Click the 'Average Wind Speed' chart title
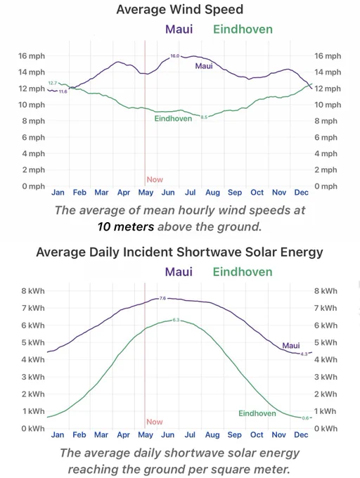pyautogui.click(x=180, y=9)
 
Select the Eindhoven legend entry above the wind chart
pyautogui.click(x=243, y=30)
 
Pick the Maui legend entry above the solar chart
pyautogui.click(x=179, y=271)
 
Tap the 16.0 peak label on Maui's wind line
pyautogui.click(x=175, y=56)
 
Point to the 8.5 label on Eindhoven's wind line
pyautogui.click(x=204, y=117)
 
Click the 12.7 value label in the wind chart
pyautogui.click(x=53, y=83)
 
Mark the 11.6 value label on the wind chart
pyautogui.click(x=63, y=91)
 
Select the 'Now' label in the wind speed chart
pyautogui.click(x=155, y=179)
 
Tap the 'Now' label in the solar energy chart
pyautogui.click(x=155, y=422)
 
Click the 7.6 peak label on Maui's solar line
pyautogui.click(x=163, y=298)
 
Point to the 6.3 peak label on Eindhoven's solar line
pyautogui.click(x=176, y=320)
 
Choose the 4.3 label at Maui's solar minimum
pyautogui.click(x=304, y=354)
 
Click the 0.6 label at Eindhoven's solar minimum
pyautogui.click(x=305, y=418)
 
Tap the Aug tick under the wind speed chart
pyautogui.click(x=212, y=193)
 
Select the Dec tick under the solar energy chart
pyautogui.click(x=301, y=434)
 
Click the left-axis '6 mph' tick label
pyautogui.click(x=33, y=138)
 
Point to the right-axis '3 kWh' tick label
pyautogui.click(x=326, y=377)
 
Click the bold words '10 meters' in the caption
pyautogui.click(x=126, y=227)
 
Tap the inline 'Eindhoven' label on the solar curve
pyautogui.click(x=257, y=413)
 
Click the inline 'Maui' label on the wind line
pyautogui.click(x=204, y=66)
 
